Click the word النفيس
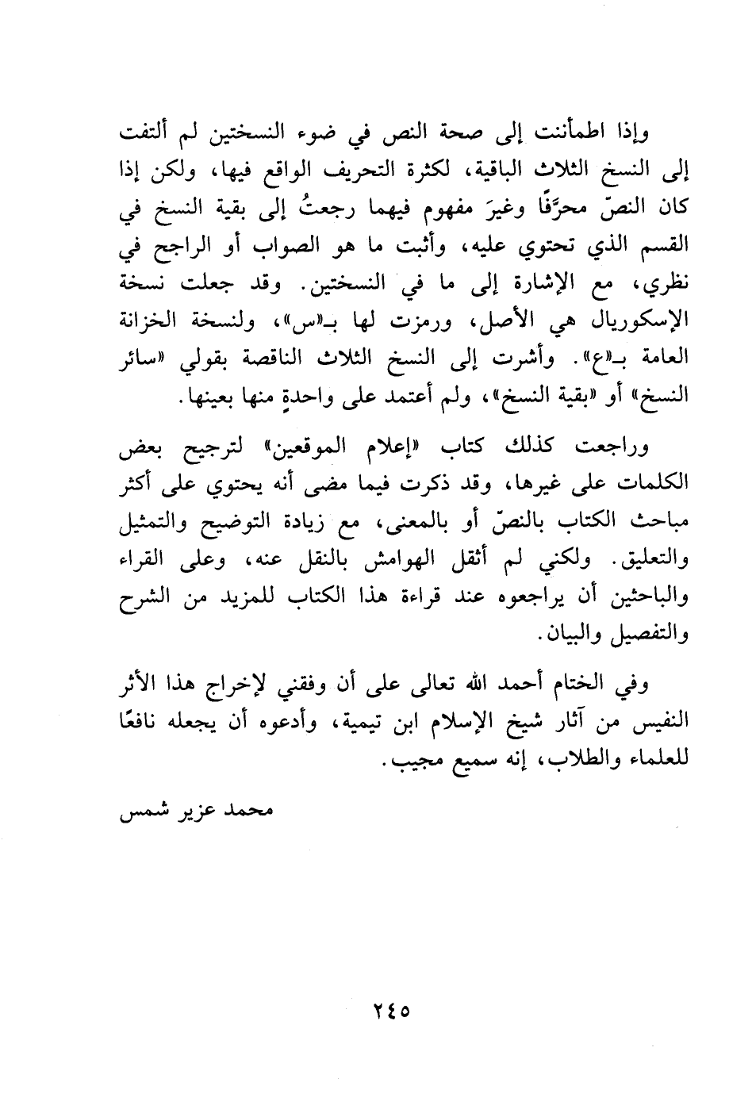coord(660,724)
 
